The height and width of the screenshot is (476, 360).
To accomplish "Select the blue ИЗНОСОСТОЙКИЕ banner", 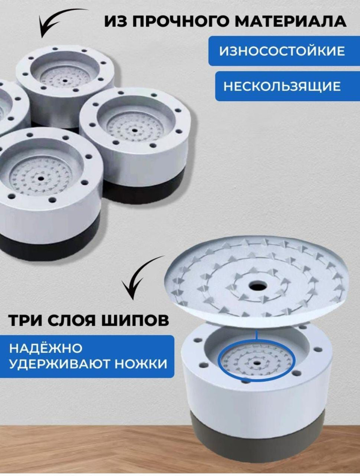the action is coord(282,51).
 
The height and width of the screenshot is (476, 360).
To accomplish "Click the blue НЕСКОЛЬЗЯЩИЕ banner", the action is coord(282,86).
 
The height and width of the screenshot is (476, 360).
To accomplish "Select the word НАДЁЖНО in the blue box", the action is coord(46,348).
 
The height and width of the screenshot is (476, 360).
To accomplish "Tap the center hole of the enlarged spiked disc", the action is coord(258,286).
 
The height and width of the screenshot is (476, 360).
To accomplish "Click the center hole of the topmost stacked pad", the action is coord(64,81).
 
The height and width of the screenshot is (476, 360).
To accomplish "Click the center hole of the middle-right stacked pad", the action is coord(133,130).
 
